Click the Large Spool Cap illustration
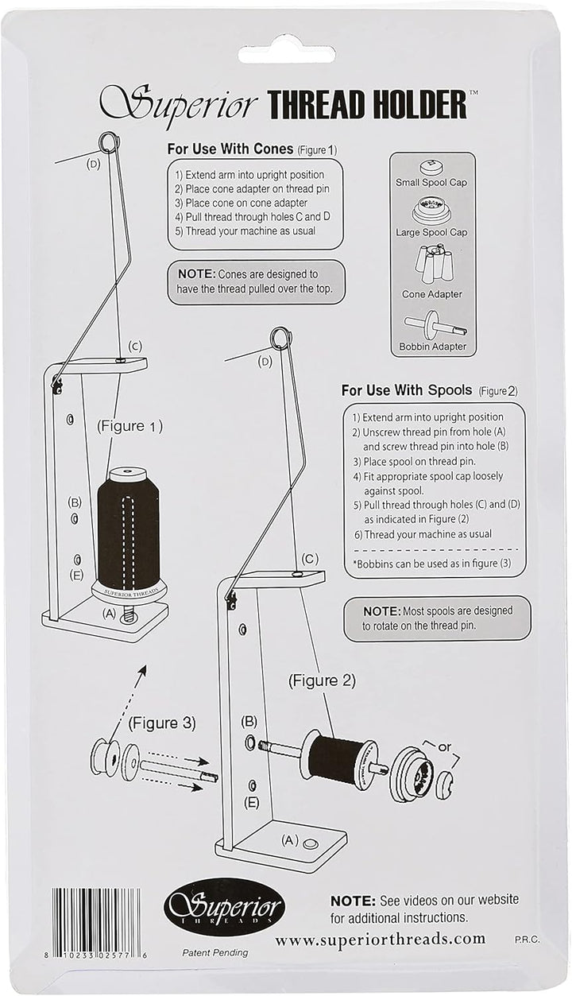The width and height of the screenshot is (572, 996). (x=431, y=211)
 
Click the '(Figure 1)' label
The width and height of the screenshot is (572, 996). (x=129, y=426)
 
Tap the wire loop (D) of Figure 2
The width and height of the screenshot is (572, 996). (x=280, y=338)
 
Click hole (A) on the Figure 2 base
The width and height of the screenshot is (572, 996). (x=309, y=843)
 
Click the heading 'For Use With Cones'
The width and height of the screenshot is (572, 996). (x=230, y=149)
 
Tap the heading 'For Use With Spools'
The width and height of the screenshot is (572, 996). (x=406, y=390)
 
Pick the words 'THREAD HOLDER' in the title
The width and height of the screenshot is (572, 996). (x=368, y=106)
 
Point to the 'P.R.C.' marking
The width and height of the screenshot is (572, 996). (x=528, y=940)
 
